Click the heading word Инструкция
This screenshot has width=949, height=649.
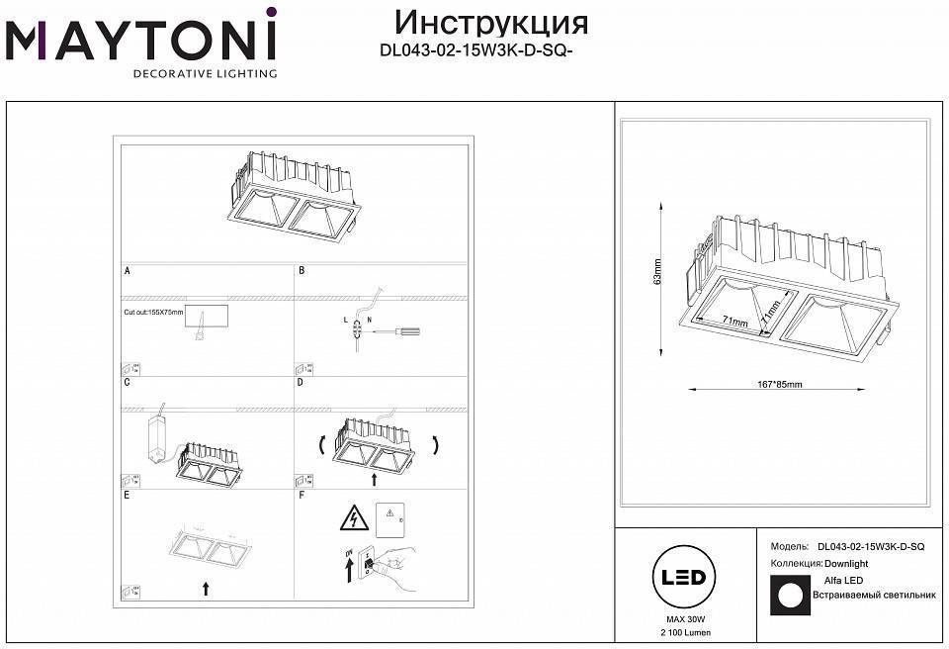490,22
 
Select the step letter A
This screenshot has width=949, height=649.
128,270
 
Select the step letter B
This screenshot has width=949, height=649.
302,270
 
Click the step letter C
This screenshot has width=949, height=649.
128,382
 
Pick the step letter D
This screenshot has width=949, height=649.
302,382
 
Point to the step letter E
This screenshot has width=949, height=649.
128,494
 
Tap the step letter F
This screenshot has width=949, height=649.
302,494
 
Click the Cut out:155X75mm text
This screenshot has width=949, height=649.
153,312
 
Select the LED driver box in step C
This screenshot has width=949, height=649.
156,435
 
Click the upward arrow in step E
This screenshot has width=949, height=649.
206,589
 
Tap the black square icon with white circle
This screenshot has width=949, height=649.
788,596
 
